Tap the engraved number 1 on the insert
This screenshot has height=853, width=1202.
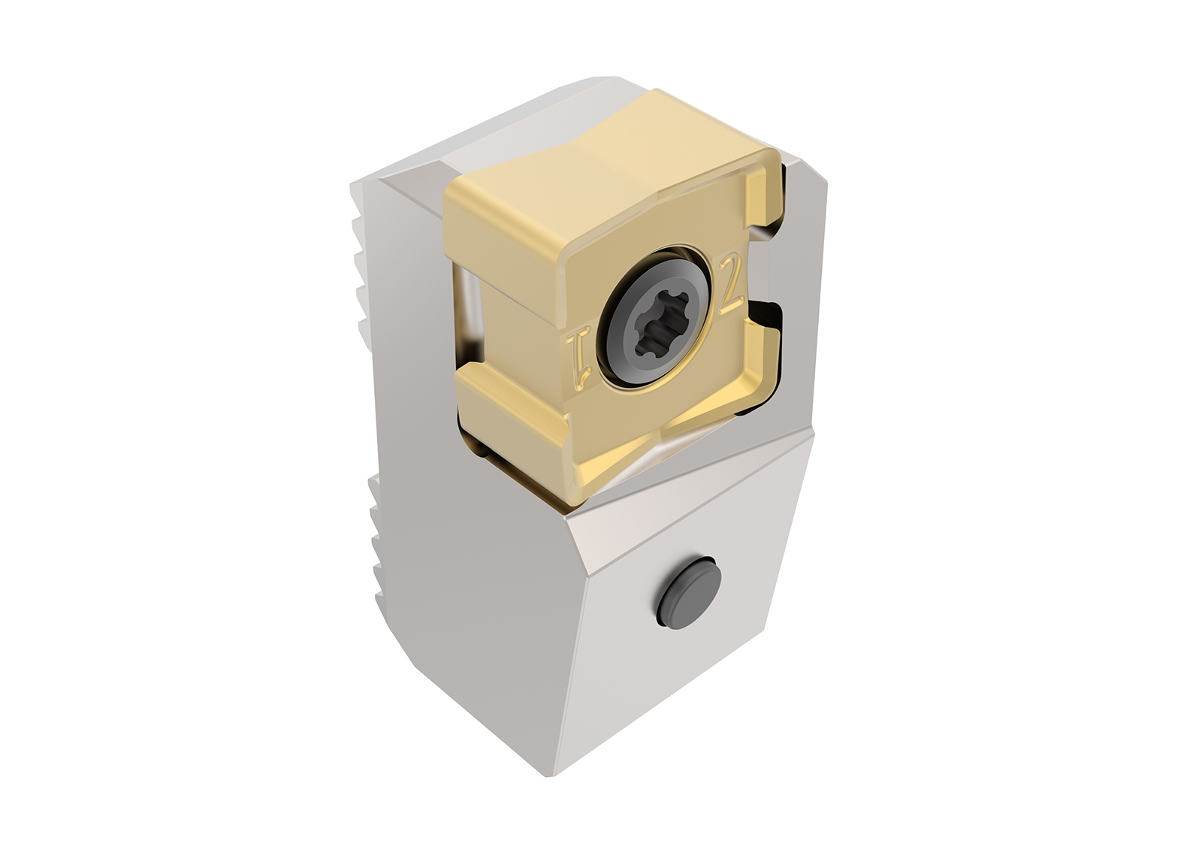579,353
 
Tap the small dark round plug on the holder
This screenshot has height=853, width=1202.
688,591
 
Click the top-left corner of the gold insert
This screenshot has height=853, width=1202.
451,192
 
